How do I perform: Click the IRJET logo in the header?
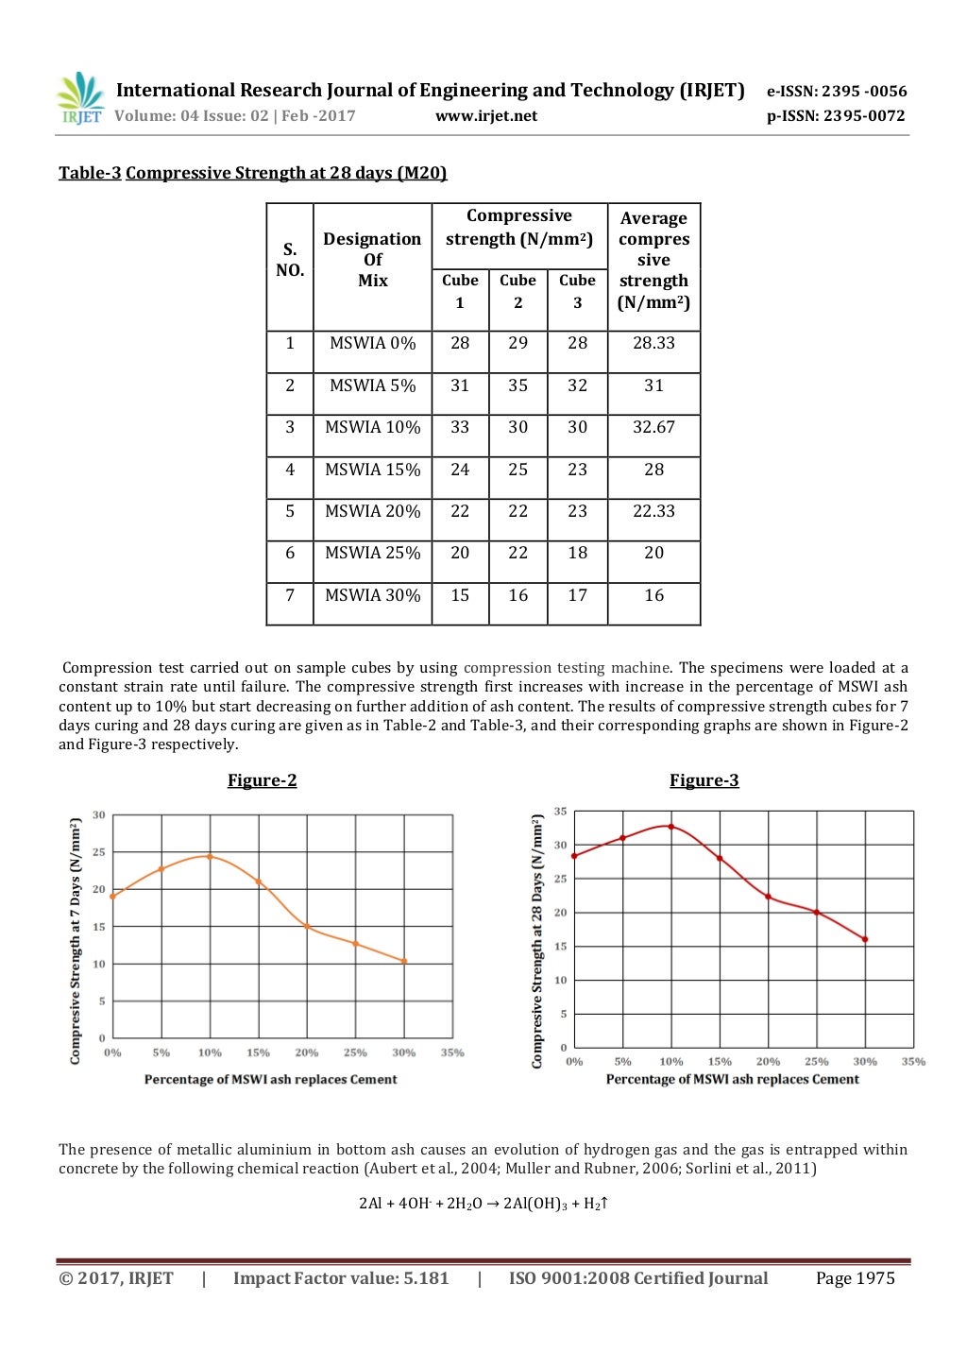[80, 99]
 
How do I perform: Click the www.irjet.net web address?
[485, 116]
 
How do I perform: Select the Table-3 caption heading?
[252, 173]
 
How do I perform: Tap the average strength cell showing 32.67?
[653, 427]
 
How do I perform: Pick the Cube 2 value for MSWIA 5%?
[517, 385]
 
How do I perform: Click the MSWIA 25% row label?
[372, 553]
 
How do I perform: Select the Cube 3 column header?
[577, 291]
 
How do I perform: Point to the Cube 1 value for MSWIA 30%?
[460, 595]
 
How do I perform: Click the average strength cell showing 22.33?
[653, 511]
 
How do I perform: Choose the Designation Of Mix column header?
[372, 260]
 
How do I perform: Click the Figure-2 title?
[262, 780]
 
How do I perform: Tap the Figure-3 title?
[704, 780]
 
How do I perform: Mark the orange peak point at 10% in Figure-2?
[210, 857]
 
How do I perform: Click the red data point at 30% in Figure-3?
[865, 939]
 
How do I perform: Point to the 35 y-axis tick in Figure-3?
[561, 812]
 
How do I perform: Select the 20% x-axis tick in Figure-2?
[307, 1052]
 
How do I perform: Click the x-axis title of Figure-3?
[732, 1079]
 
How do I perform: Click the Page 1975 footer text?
[855, 1278]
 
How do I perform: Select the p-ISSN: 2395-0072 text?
[836, 116]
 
